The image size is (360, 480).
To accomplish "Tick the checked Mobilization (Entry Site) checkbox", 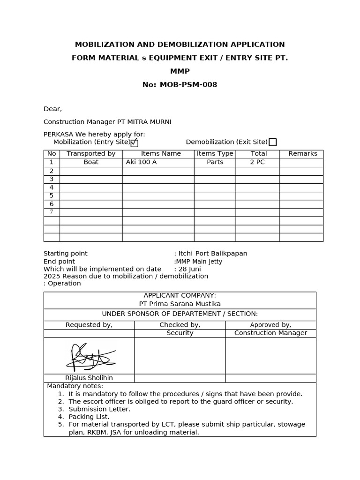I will (135, 143).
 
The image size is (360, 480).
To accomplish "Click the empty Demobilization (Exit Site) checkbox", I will (272, 142).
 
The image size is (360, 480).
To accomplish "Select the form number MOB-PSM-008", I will (188, 85).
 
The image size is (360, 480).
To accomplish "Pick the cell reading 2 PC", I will (257, 162).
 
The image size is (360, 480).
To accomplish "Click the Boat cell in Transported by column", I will (91, 162).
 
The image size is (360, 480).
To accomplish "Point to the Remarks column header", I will (302, 154).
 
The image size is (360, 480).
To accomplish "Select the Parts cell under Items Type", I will (215, 162).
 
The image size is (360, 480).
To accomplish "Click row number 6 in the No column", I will (52, 204).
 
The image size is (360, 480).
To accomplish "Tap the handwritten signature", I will (90, 356).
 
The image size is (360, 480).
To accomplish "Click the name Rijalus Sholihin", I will (89, 378).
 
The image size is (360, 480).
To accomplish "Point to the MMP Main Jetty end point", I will (199, 262).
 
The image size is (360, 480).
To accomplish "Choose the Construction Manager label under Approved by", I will (270, 333).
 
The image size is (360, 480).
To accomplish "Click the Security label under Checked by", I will (180, 333).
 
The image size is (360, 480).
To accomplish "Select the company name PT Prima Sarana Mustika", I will (180, 304).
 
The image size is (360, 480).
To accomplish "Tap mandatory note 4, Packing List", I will (89, 417).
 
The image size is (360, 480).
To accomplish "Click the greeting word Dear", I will (52, 109).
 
